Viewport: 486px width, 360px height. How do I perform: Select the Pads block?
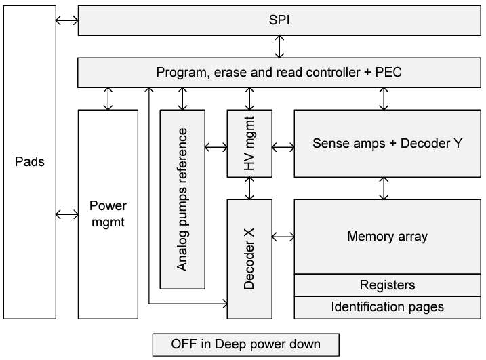pyautogui.click(x=28, y=162)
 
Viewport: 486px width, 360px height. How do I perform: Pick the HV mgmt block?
pyautogui.click(x=249, y=143)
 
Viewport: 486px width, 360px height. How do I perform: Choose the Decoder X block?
pyautogui.click(x=249, y=258)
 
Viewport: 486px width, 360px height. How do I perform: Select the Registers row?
pyautogui.click(x=388, y=285)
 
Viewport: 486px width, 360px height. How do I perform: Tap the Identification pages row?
pyautogui.click(x=388, y=307)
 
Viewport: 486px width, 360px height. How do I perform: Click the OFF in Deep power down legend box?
pyautogui.click(x=245, y=344)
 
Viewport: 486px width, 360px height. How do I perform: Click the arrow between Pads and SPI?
pyautogui.click(x=66, y=21)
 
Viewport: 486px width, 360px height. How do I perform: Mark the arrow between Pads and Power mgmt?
pyautogui.click(x=66, y=214)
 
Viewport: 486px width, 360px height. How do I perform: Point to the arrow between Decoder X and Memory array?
pyautogui.click(x=283, y=237)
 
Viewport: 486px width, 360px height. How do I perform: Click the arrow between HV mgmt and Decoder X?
pyautogui.click(x=249, y=188)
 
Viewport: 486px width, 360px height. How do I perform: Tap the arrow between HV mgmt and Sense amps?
pyautogui.click(x=283, y=146)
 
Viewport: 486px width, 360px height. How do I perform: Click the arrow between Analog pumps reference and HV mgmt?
pyautogui.click(x=216, y=146)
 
